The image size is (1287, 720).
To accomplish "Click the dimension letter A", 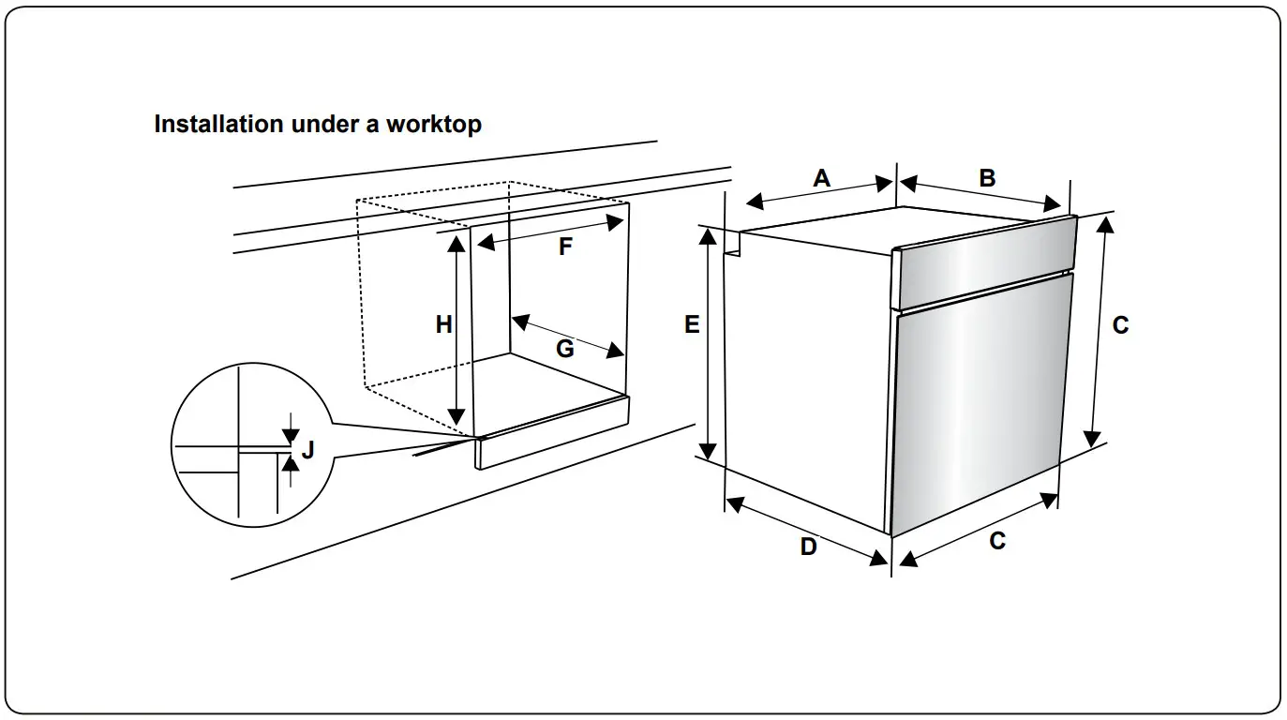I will click(821, 178).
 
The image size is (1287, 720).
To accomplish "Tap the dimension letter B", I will click(987, 177).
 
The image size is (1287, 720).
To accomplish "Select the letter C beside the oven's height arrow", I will click(1120, 325).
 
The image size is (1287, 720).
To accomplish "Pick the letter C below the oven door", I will click(997, 541).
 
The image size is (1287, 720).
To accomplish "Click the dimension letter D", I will click(808, 547).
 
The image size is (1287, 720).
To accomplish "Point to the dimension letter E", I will click(692, 325).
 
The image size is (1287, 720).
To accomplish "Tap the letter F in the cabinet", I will click(565, 247).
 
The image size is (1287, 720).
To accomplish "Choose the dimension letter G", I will click(564, 349).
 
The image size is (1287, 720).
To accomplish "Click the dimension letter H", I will click(443, 325).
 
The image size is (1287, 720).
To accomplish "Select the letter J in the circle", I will click(307, 451).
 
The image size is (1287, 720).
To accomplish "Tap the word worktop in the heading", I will click(435, 125).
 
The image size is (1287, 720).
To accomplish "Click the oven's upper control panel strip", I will click(984, 262).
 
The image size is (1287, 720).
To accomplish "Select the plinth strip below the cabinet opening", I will click(553, 433).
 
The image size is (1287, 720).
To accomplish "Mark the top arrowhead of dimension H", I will click(456, 243).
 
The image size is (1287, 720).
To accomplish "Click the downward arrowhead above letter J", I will click(291, 435).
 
